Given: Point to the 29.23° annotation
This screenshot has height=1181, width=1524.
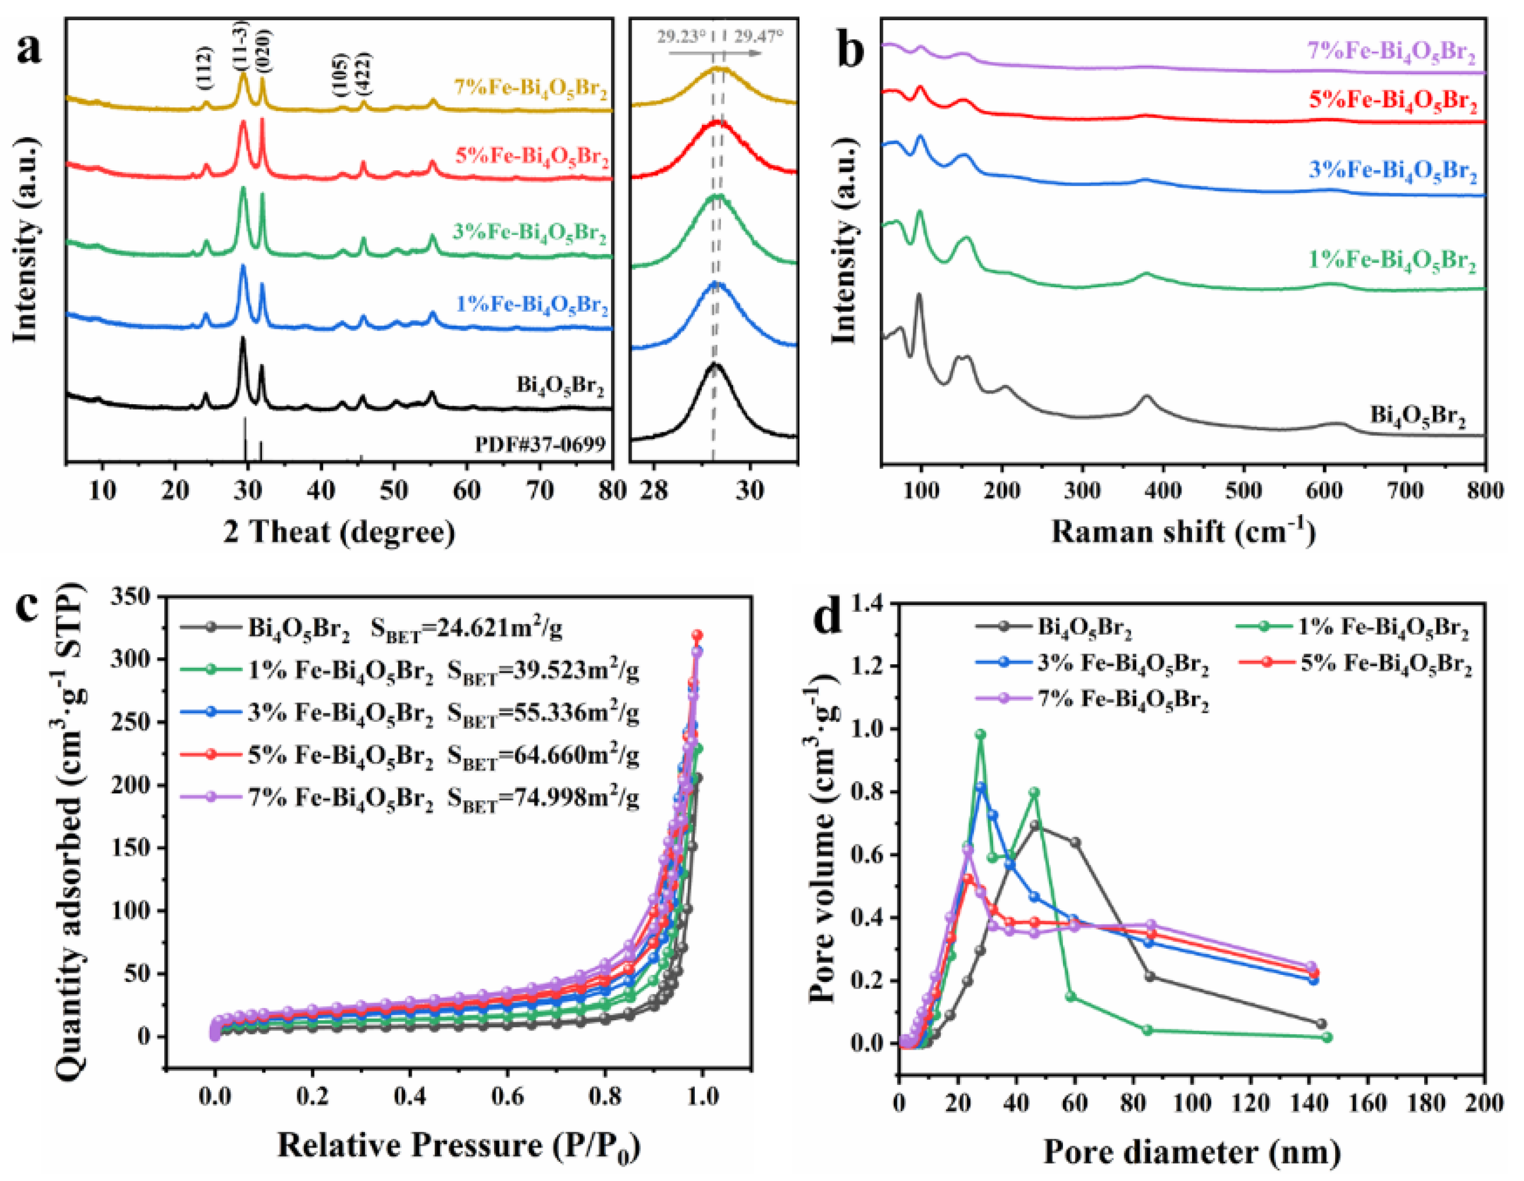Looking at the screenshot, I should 680,36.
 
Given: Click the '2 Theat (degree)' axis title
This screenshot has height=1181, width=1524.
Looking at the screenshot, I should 340,532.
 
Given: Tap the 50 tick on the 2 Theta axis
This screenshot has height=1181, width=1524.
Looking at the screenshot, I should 394,491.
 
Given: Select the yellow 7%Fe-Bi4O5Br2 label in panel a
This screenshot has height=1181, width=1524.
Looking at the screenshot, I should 530,89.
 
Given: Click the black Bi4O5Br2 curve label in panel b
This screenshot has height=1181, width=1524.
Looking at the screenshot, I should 1417,416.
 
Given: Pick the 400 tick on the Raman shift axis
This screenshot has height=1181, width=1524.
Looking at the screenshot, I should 1163,491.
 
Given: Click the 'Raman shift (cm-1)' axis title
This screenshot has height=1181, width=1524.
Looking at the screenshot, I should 1184,532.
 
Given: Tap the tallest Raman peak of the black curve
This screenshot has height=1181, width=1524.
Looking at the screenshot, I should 918,296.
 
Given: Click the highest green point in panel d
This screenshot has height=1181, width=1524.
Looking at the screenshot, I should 980,734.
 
